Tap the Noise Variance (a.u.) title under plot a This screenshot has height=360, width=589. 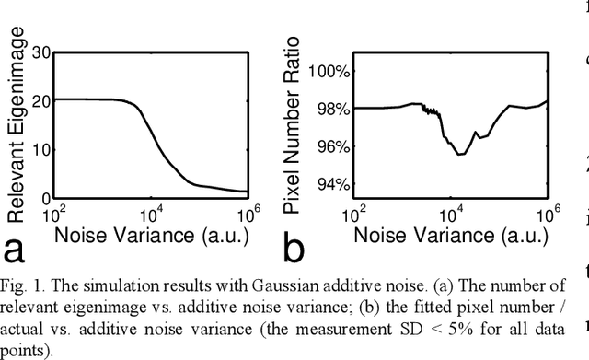pyautogui.click(x=151, y=238)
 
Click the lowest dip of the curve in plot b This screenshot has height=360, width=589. pyautogui.click(x=459, y=154)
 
